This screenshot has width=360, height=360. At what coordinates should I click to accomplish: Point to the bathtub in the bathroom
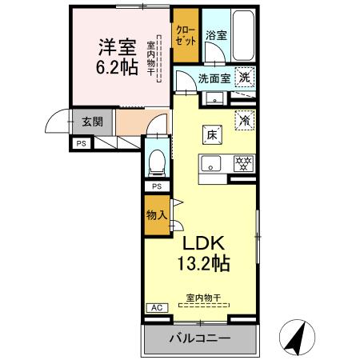pyautogui.click(x=242, y=33)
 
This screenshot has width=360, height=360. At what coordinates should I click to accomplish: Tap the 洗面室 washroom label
pyautogui.click(x=214, y=78)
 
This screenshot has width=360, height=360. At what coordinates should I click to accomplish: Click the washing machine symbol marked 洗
pyautogui.click(x=246, y=78)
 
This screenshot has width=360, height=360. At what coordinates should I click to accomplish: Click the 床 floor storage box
pyautogui.click(x=213, y=135)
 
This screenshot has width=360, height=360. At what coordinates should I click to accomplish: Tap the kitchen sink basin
pyautogui.click(x=211, y=166)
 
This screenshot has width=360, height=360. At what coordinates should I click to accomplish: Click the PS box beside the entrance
pyautogui.click(x=81, y=143)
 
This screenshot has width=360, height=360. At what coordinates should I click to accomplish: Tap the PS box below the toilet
pyautogui.click(x=157, y=186)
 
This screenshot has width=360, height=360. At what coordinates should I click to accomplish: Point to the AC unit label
pyautogui.click(x=155, y=307)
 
